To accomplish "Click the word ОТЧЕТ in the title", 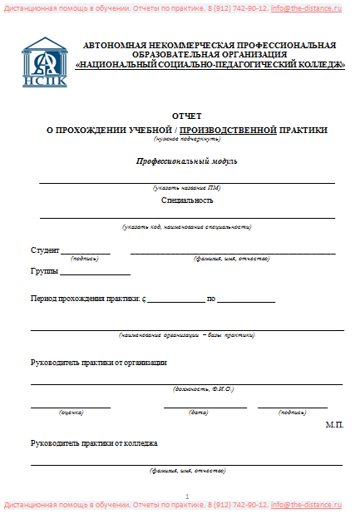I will [x=186, y=117].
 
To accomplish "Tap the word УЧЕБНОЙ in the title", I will [x=149, y=130].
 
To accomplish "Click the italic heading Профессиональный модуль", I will [x=187, y=160].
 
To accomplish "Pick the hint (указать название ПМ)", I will [x=187, y=189].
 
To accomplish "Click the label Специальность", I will [x=187, y=200].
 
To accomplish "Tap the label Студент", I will [x=45, y=250].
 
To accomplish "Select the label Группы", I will [x=43, y=271].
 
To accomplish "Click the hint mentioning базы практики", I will [x=186, y=335].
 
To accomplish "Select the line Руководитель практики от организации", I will [x=98, y=362].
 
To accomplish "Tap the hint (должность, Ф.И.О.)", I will [x=204, y=388].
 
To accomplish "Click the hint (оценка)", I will [x=70, y=412].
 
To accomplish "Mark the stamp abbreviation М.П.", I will [x=334, y=424].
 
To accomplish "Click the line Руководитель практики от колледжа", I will [x=93, y=442].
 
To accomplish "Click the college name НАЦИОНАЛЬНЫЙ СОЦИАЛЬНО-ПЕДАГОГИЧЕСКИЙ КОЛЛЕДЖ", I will [x=210, y=65].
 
